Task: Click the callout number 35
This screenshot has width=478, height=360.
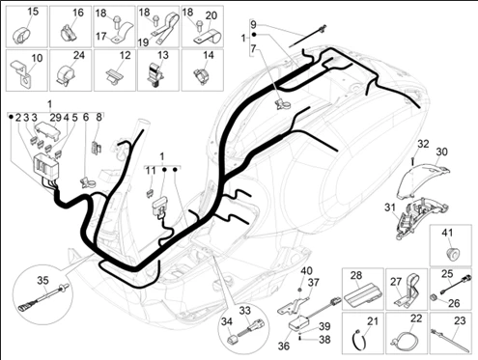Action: pos(42,280)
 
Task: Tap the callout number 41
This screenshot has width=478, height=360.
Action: pos(447,233)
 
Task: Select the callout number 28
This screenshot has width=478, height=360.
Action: pos(356,275)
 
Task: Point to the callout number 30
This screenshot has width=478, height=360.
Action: pos(442,152)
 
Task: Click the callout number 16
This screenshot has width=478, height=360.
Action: pos(77,13)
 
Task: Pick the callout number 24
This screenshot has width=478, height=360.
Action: pos(78,55)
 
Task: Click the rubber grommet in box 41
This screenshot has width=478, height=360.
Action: pos(448,254)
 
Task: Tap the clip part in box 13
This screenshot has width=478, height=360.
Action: pos(155,74)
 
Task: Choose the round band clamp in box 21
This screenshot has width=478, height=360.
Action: pos(358,340)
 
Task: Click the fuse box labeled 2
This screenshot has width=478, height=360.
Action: pos(45,167)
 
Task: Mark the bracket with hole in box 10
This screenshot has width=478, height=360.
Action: pos(21,75)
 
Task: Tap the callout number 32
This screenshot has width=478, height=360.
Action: pos(423,144)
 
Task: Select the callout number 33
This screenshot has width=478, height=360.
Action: pos(244,311)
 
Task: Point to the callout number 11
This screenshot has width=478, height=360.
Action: pos(150,171)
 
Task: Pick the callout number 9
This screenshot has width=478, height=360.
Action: pos(253,24)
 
